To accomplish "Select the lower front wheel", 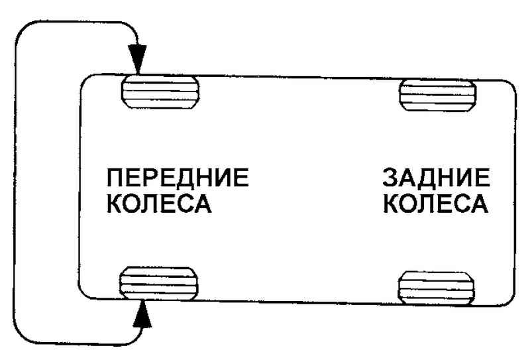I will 160,284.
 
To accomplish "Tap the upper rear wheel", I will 435,94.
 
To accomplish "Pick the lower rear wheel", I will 437,286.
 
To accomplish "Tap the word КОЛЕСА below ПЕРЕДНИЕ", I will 159,204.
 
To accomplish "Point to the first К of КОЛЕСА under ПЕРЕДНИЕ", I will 117,204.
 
